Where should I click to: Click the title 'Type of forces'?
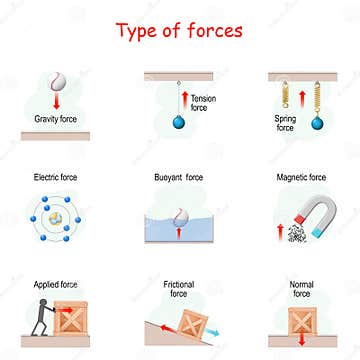pos(180,29)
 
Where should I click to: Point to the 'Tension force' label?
pos(203,102)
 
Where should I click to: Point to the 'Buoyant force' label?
pos(179,177)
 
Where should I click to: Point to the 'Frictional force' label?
pos(179,290)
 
